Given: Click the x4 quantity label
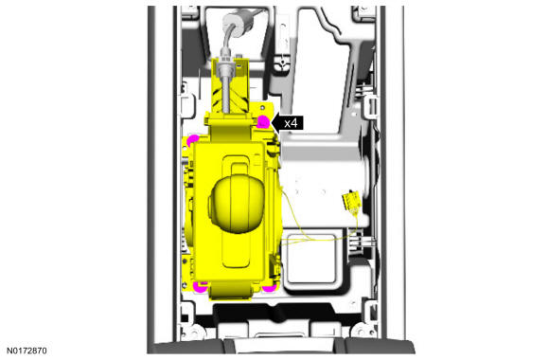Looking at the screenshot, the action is click(291, 123).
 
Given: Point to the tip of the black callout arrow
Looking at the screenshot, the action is click(272, 123).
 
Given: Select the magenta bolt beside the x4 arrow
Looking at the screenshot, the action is click(263, 122).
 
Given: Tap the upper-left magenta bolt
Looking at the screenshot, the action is click(192, 140).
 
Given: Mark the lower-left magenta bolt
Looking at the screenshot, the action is click(201, 287).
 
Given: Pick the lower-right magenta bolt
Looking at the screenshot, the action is click(269, 288).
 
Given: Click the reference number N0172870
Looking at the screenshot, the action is click(27, 351).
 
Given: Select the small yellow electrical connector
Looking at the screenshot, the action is click(351, 200).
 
